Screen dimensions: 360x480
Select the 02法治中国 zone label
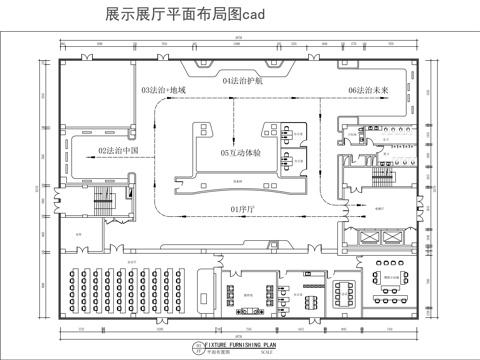(118, 151)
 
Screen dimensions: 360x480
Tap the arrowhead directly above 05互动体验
(234, 140)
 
